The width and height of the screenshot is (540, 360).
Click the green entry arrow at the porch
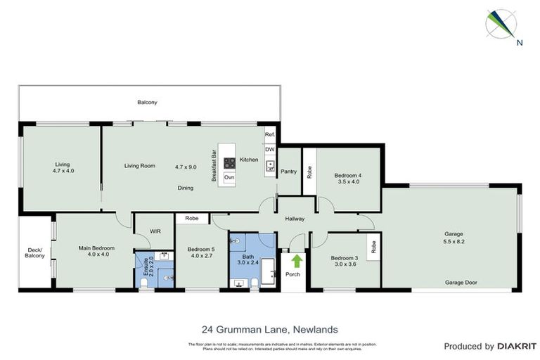coord(292,262)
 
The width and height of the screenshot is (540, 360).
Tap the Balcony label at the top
coord(147,103)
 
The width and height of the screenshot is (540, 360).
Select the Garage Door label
coord(461,283)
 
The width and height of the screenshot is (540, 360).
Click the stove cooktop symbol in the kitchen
coord(229,163)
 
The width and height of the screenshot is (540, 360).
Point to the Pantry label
coord(289,171)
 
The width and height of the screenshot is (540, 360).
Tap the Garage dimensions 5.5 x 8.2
coord(454,241)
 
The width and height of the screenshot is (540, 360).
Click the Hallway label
coord(295,219)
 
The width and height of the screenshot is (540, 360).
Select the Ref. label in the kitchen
coord(269,134)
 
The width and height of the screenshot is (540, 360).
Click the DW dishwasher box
coord(269,149)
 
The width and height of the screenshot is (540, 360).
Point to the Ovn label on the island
coord(229,177)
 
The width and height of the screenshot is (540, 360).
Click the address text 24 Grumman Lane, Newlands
coord(270,328)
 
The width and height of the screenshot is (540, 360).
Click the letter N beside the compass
coord(519,42)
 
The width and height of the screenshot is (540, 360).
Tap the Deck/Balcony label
coord(34,252)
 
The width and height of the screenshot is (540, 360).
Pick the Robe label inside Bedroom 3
coord(373,246)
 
